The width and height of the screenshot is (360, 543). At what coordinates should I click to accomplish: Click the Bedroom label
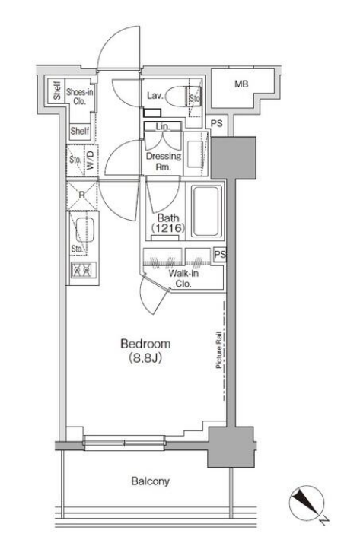click(145, 344)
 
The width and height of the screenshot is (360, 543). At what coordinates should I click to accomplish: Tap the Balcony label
click(151, 481)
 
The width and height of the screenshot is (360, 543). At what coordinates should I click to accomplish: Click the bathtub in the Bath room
click(206, 211)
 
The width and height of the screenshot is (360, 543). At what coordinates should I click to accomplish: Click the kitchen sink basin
click(84, 230)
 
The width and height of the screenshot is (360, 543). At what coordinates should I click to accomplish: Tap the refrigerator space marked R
click(81, 195)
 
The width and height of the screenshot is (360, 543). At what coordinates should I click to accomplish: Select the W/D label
click(91, 160)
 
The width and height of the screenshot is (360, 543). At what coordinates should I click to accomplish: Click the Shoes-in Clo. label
click(80, 97)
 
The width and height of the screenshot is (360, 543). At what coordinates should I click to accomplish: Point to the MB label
click(241, 84)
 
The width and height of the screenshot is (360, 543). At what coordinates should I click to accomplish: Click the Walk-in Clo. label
click(183, 278)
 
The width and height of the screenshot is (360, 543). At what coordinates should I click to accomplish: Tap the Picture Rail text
click(218, 350)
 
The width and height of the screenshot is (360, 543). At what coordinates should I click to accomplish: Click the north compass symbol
click(307, 503)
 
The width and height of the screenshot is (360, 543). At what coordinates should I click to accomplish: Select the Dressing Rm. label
click(164, 161)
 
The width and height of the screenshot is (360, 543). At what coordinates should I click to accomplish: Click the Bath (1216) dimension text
click(168, 223)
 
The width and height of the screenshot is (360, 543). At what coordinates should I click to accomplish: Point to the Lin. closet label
click(163, 127)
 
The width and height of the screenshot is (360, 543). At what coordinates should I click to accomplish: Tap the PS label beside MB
click(217, 123)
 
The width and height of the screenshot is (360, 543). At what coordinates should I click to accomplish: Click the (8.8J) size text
click(145, 357)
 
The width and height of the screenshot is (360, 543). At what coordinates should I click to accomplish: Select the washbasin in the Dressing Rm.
click(195, 154)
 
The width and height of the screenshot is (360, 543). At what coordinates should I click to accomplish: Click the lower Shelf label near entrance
click(80, 131)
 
